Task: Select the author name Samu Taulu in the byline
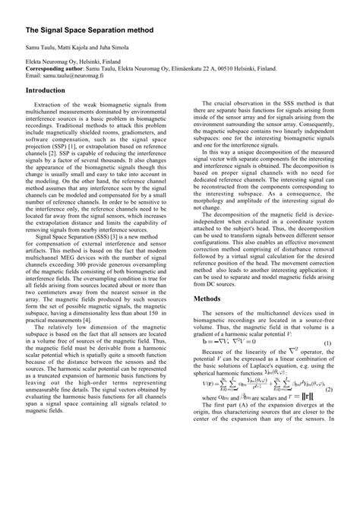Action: [x=41, y=47]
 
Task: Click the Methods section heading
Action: [x=207, y=277]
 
